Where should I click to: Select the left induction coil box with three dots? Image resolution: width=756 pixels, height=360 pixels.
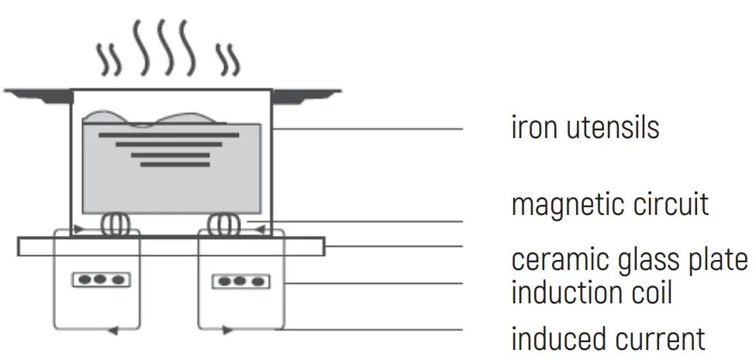(x=101, y=279)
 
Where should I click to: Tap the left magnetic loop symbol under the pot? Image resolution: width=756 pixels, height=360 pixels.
(x=114, y=224)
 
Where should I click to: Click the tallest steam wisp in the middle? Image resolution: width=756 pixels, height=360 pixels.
(x=164, y=47)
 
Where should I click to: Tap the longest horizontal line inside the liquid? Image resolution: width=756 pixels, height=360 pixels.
(x=168, y=135)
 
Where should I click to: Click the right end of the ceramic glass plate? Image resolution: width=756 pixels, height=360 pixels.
(x=320, y=247)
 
